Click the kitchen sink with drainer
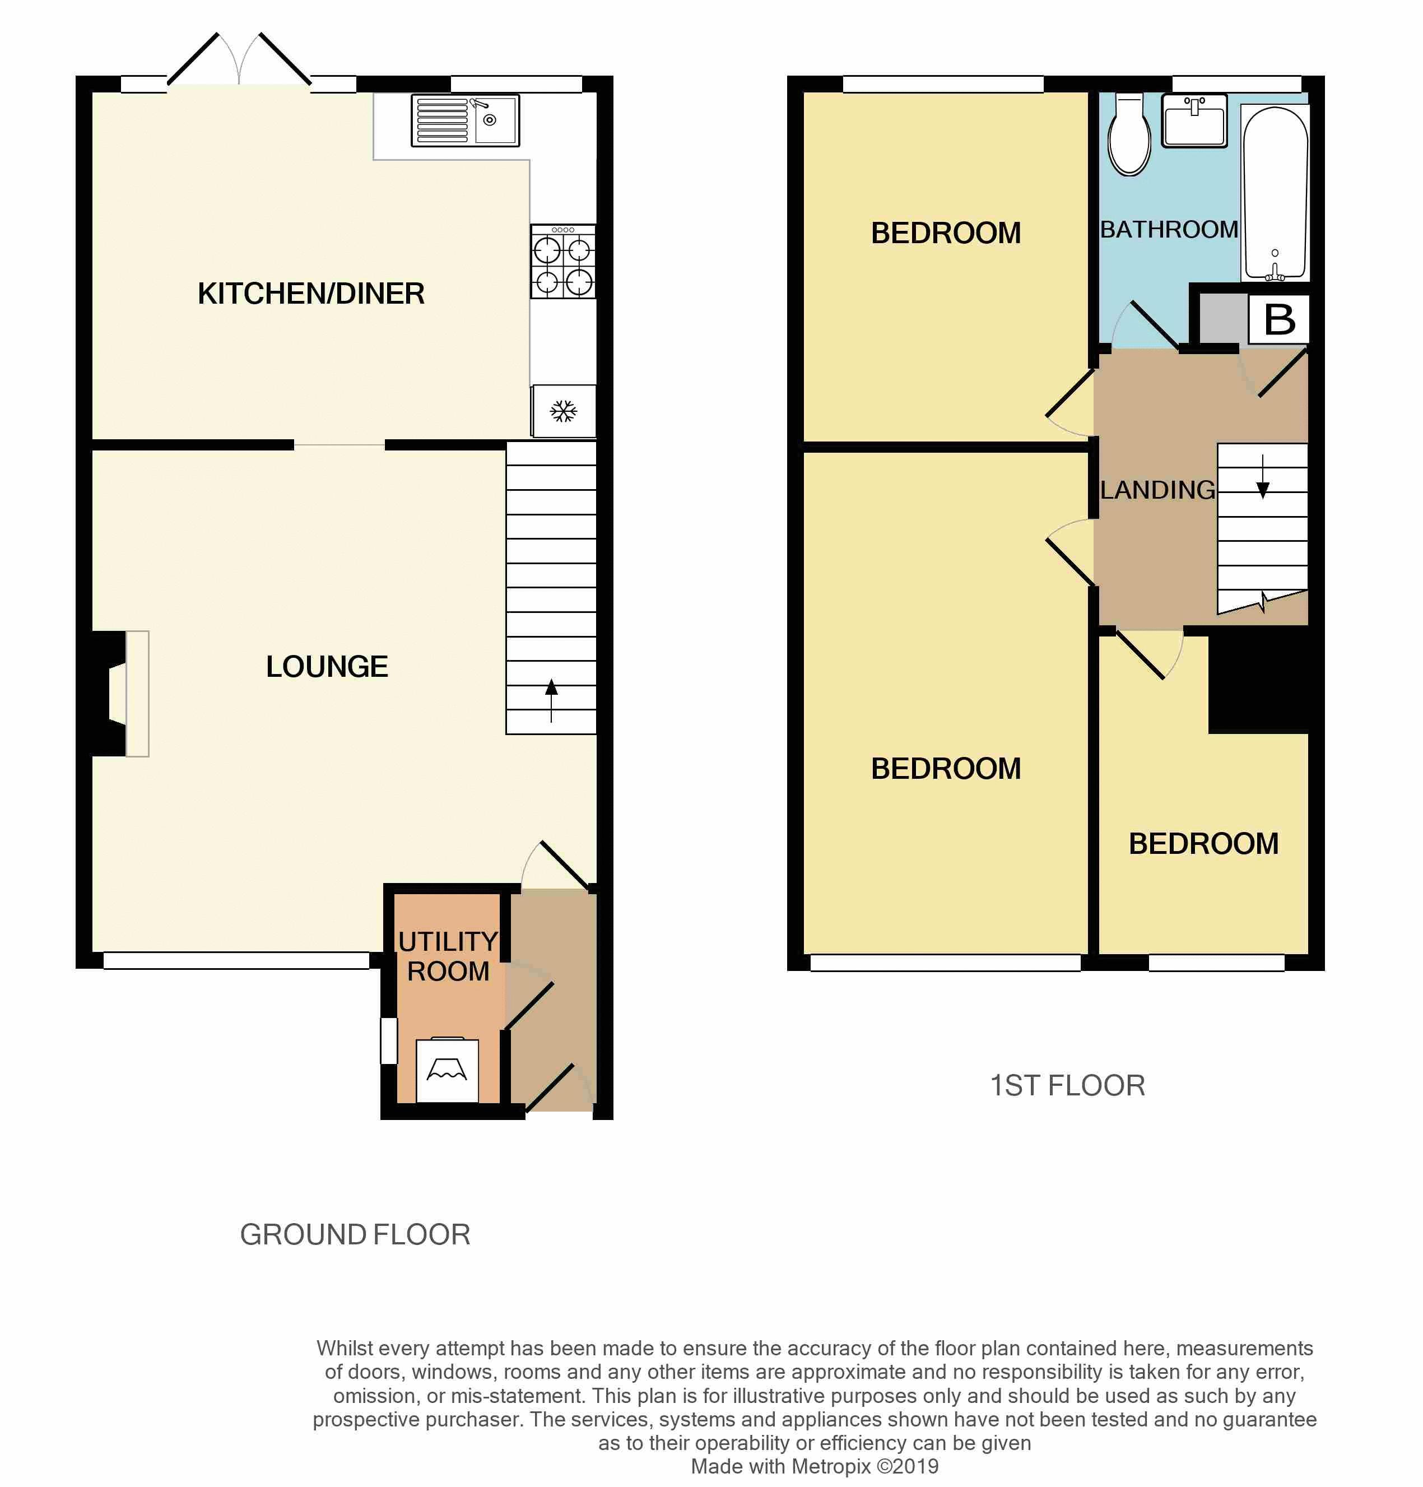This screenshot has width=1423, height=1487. coord(465,120)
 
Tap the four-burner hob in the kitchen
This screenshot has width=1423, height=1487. coord(563,261)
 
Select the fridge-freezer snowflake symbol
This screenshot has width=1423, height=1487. coord(564,411)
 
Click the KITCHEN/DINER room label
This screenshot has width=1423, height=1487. coord(311,294)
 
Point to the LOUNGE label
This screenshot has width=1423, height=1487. coord(327,667)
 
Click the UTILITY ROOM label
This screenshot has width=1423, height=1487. coord(448,956)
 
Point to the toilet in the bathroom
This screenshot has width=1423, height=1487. coord(1129,135)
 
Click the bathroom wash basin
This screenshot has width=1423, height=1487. coord(1194,120)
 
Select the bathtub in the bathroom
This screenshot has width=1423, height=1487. coord(1275,193)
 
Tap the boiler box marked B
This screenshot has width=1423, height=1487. coord(1280,319)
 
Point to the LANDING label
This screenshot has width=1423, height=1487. coord(1157,490)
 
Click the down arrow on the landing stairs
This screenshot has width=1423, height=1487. coord(1263,476)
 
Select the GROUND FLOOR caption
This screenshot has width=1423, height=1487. coord(355,1235)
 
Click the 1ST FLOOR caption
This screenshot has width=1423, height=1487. coord(1068,1086)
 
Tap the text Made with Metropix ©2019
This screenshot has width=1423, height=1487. coord(815,1466)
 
